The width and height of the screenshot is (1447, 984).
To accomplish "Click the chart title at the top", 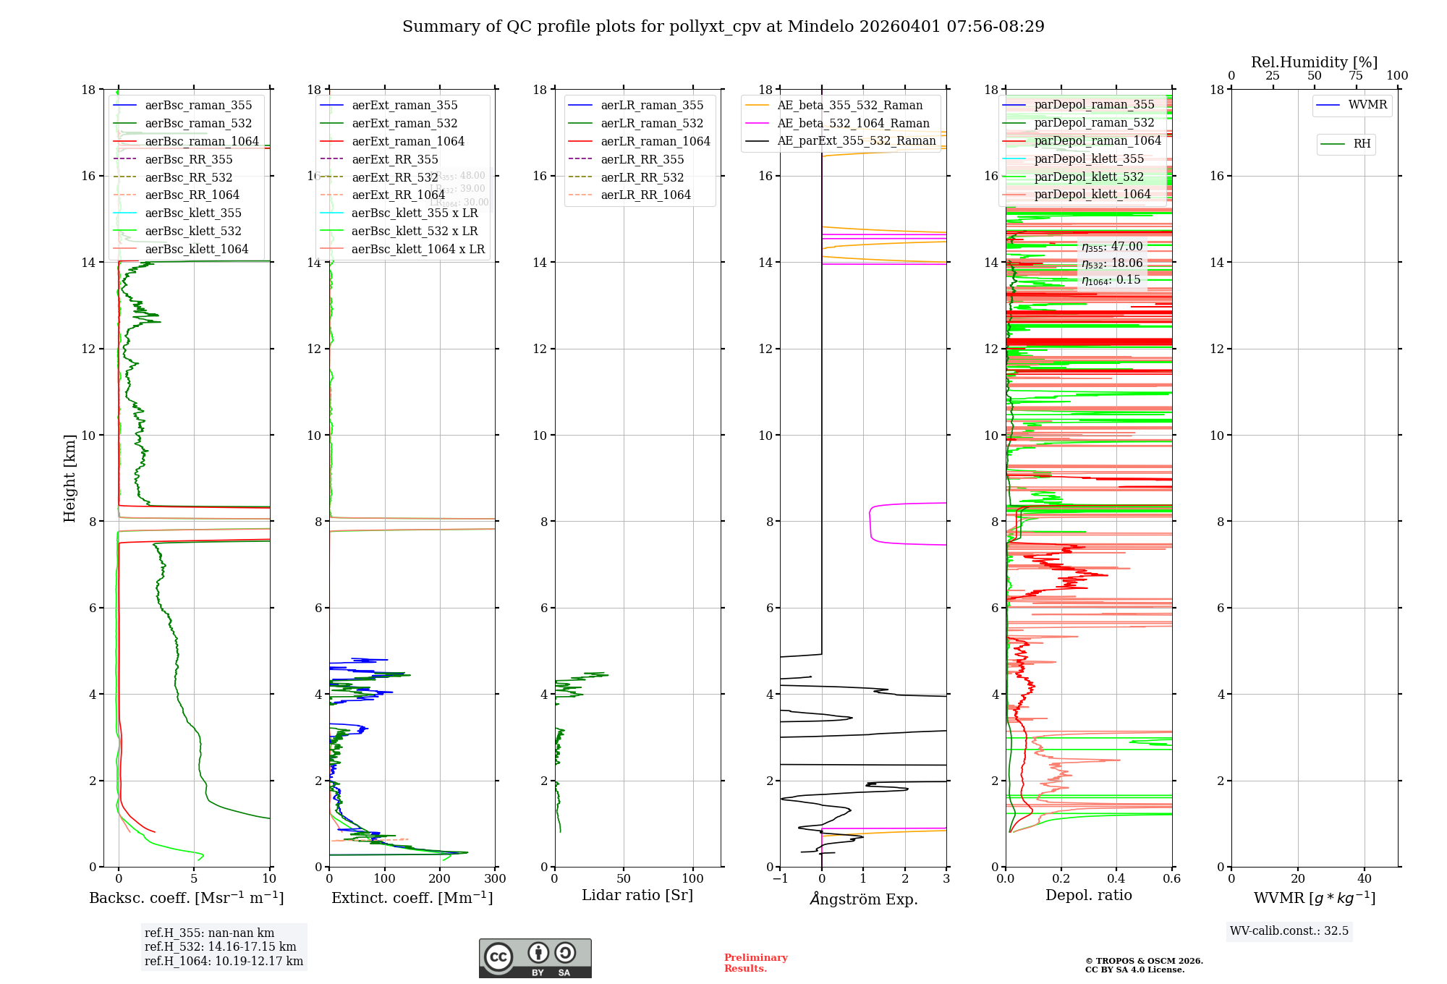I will (723, 27).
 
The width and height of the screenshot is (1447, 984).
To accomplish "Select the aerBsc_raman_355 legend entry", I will (198, 106).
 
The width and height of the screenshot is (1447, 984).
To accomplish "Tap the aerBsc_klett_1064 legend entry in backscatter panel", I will (196, 250).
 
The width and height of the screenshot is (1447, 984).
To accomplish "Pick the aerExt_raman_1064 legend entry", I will (407, 142).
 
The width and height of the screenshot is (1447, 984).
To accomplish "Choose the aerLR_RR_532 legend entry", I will (642, 177).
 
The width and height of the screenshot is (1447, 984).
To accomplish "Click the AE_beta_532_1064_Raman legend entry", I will (852, 124).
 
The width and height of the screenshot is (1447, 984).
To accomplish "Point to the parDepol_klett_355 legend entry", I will (1088, 159).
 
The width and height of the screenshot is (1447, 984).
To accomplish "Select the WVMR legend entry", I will (1367, 106).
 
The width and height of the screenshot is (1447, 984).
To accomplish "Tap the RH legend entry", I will (1361, 144).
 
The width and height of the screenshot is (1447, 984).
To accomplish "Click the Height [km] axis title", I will (69, 478).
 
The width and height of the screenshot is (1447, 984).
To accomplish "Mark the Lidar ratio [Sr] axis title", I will (637, 896).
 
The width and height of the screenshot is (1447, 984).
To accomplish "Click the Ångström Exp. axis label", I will (863, 899).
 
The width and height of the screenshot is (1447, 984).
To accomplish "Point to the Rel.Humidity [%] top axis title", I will (1314, 62).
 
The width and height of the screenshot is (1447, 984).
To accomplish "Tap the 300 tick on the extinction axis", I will (495, 879).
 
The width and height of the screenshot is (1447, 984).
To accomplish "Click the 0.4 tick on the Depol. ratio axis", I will (1116, 879).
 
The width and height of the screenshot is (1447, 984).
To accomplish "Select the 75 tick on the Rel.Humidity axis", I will (1355, 76).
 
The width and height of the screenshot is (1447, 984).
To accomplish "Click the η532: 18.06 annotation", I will (1112, 263).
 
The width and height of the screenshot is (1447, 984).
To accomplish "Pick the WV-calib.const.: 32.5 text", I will (1289, 931).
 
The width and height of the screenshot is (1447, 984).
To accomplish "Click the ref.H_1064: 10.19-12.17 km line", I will (224, 962).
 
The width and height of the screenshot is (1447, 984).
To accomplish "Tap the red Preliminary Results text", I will (755, 963).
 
